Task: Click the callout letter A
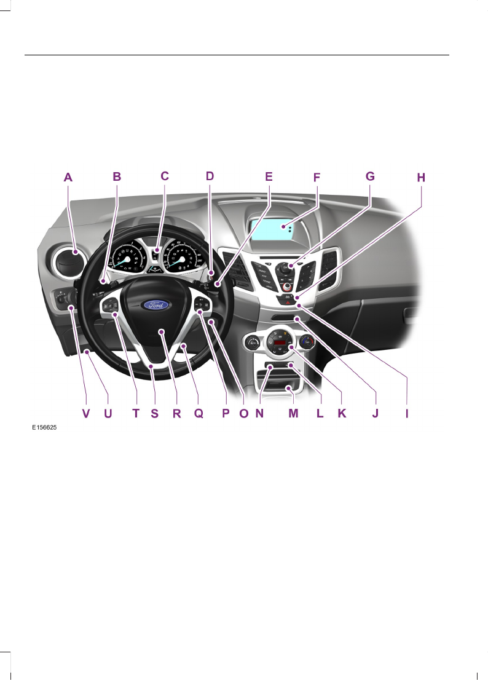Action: click(68, 177)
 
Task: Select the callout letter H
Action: click(420, 178)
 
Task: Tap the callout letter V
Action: click(86, 414)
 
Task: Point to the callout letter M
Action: click(293, 414)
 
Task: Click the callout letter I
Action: click(406, 414)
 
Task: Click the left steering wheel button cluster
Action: click(112, 306)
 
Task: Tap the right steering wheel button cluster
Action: click(202, 306)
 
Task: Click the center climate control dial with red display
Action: click(281, 344)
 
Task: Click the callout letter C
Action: click(164, 176)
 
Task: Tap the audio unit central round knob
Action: click(285, 268)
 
